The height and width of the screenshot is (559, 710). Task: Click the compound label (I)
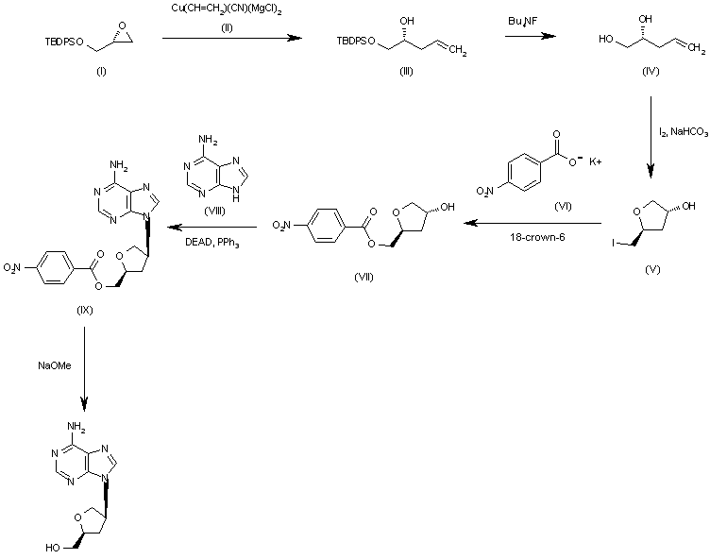pos(101,71)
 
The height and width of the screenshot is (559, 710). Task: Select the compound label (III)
pos(406,71)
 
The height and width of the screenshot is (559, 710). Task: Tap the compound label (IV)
pos(651,71)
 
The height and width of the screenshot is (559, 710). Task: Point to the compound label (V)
pos(652,269)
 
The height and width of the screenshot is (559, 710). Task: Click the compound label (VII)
pos(363,278)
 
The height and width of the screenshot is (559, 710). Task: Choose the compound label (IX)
pos(85,310)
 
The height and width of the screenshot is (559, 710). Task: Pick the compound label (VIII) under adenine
pos(214,212)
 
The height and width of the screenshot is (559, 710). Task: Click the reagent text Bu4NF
pos(523,21)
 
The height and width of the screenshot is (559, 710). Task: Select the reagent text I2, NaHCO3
pos(684,132)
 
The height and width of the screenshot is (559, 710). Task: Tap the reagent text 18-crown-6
pos(537,237)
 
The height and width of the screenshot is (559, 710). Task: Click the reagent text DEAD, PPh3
pos(211,243)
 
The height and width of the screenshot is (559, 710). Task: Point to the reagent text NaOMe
pos(55,365)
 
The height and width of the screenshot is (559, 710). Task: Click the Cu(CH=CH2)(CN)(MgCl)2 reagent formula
pos(227,9)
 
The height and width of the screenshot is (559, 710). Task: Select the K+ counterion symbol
pos(596,161)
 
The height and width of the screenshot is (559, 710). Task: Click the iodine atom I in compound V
pos(613,244)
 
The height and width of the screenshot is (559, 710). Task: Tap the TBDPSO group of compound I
pos(64,42)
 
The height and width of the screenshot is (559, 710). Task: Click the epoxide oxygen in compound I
pos(121,25)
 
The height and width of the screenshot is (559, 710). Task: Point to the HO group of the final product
pos(53,548)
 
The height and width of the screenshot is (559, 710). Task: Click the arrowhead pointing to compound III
pos(296,38)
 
